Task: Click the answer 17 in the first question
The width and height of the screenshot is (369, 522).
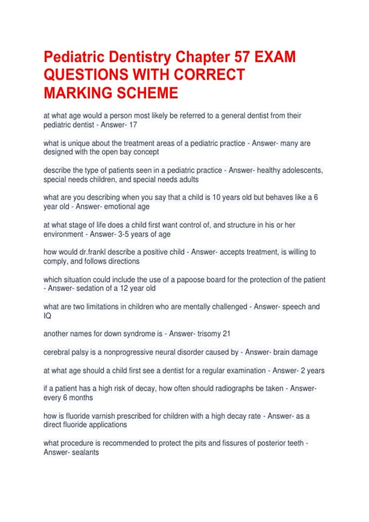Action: tap(133, 125)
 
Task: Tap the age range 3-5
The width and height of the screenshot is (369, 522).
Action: tap(124, 234)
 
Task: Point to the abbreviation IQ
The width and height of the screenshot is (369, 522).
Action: tap(47, 316)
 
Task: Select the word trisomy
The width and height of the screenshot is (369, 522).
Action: tap(209, 334)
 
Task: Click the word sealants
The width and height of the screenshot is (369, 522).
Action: tap(85, 452)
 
